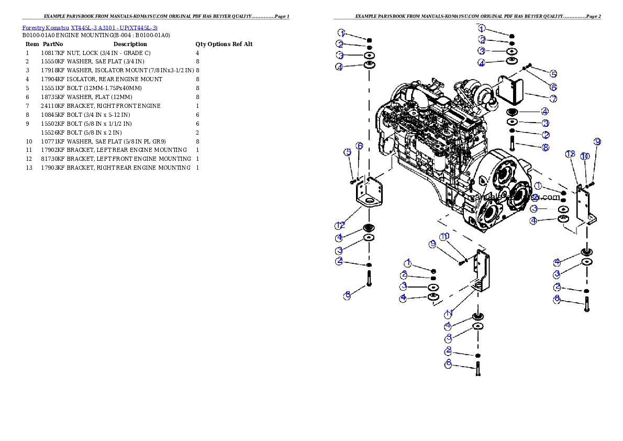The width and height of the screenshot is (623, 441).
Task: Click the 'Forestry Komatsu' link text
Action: [x=46, y=28]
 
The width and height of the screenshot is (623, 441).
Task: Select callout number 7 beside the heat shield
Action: [x=553, y=98]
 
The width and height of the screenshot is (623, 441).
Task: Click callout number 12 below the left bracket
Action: [x=340, y=226]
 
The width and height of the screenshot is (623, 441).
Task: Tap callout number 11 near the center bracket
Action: [x=449, y=314]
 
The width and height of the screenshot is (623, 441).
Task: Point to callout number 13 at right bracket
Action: [x=571, y=154]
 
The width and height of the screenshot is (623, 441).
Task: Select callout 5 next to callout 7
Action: [x=553, y=74]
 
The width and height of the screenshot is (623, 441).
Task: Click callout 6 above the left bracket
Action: [x=360, y=146]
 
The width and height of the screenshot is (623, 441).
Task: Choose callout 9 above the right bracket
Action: [x=597, y=142]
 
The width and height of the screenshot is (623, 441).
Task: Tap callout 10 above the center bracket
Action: [x=444, y=236]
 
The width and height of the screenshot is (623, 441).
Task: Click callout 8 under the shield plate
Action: [x=546, y=148]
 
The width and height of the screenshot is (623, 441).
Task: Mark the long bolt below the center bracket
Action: [x=477, y=368]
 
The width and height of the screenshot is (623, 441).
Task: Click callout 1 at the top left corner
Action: [x=341, y=32]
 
